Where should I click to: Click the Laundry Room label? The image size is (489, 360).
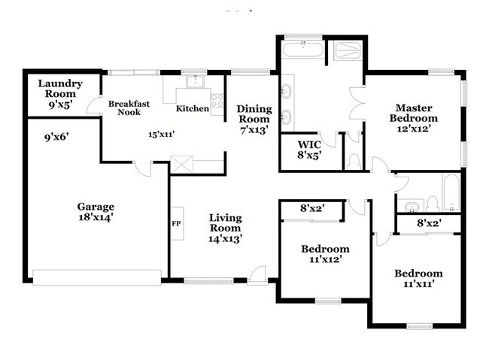pos(59,89)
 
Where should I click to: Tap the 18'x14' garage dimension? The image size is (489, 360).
pos(95,217)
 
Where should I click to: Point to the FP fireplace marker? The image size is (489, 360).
pos(176,223)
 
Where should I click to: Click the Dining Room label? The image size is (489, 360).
pos(254,114)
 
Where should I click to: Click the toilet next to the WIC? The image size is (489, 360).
pos(354,160)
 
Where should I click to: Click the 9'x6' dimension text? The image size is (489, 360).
pos(57,138)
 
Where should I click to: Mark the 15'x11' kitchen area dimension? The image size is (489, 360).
pos(161,135)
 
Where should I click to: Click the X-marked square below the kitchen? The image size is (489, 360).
pos(182,164)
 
